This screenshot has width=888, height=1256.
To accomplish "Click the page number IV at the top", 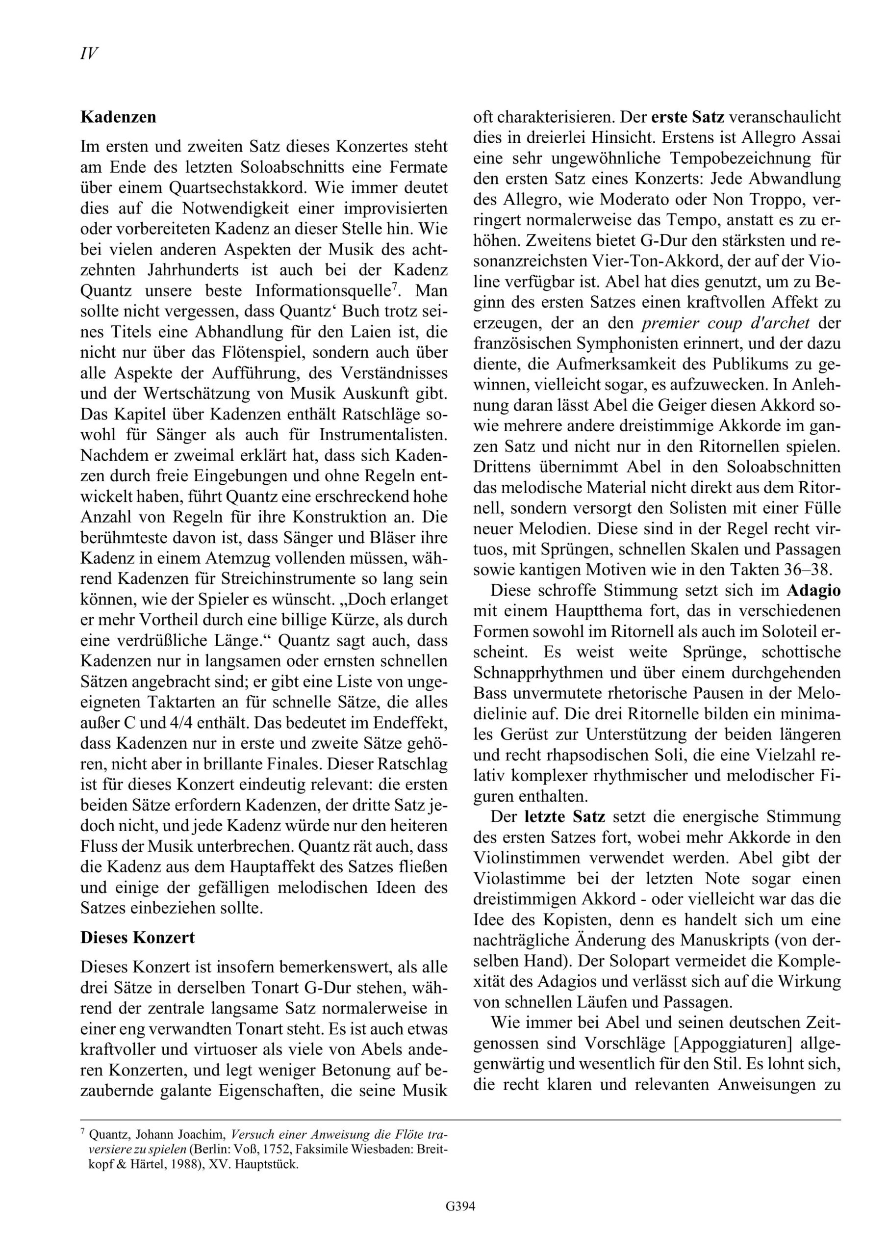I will click(x=89, y=53).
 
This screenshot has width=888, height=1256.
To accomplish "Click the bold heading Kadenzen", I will click(x=118, y=117).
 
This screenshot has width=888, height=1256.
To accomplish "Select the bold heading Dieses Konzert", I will click(x=137, y=937).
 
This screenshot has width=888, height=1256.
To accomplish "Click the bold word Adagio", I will click(x=813, y=591).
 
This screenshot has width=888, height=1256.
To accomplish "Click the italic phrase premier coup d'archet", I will click(x=726, y=323).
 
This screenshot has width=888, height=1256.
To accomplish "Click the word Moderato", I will click(x=626, y=200).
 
